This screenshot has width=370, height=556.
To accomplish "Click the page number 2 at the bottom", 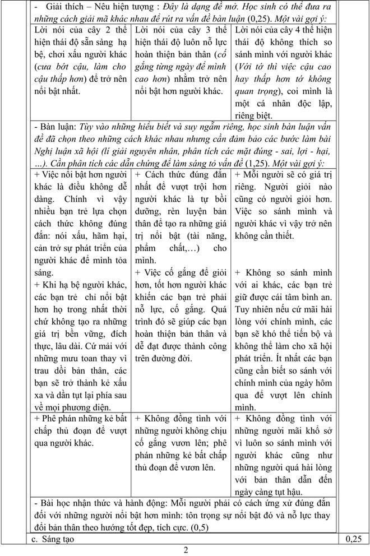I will [x=186, y=549].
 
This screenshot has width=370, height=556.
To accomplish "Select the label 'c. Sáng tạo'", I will [x=53, y=539].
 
